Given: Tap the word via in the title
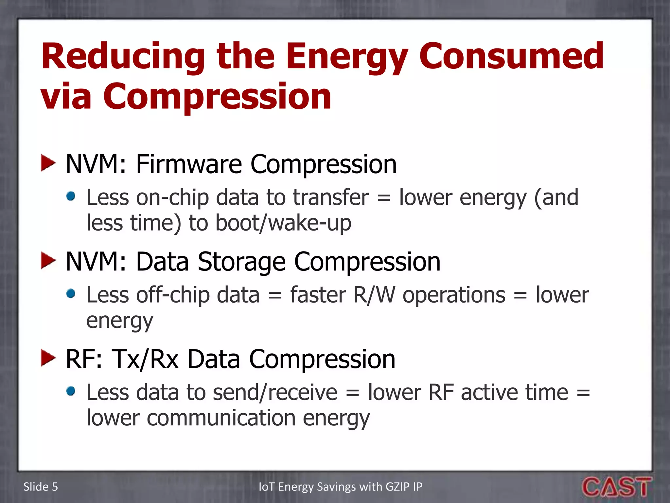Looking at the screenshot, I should [x=66, y=97].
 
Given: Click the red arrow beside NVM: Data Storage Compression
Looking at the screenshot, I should [x=48, y=261].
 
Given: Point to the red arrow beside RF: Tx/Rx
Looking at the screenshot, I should [x=48, y=358].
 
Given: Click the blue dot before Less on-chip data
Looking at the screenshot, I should [x=71, y=196].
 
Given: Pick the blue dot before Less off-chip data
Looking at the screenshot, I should [x=71, y=294].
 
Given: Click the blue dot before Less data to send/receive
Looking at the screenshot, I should [x=71, y=391].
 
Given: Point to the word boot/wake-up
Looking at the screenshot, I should [x=283, y=223].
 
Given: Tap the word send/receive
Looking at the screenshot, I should [x=275, y=393].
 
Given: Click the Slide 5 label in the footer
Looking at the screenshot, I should [x=41, y=487].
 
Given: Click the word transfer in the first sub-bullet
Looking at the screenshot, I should [x=330, y=197].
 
